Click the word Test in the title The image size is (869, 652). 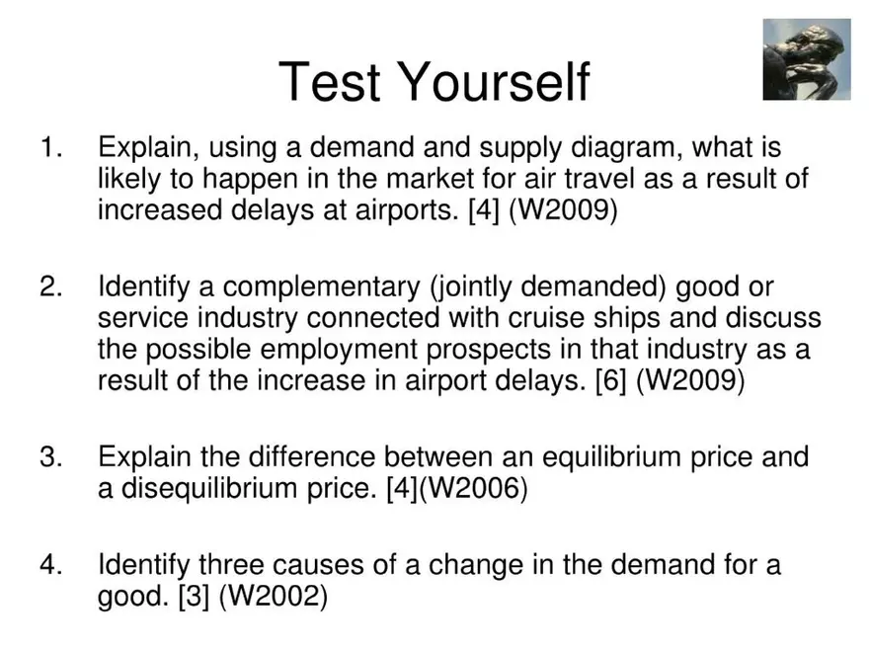pyautogui.click(x=328, y=81)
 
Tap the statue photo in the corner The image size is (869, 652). pyautogui.click(x=806, y=59)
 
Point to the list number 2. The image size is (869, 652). pyautogui.click(x=50, y=287)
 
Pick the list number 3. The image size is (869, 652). pyautogui.click(x=50, y=457)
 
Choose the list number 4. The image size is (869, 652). pyautogui.click(x=50, y=565)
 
